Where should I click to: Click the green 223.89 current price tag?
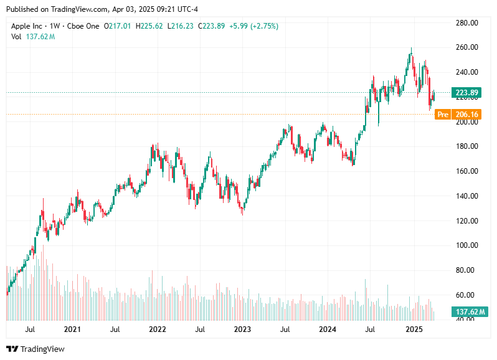click(466, 93)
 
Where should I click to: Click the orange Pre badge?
click(443, 115)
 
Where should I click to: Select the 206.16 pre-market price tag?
click(466, 115)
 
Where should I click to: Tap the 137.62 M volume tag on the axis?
click(466, 312)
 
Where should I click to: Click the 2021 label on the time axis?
click(72, 329)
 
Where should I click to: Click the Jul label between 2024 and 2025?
click(370, 329)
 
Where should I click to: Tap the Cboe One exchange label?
click(85, 26)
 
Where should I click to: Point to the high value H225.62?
click(151, 26)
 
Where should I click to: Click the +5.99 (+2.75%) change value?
click(253, 26)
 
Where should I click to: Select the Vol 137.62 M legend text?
click(33, 37)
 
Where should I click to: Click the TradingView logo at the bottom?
click(35, 349)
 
